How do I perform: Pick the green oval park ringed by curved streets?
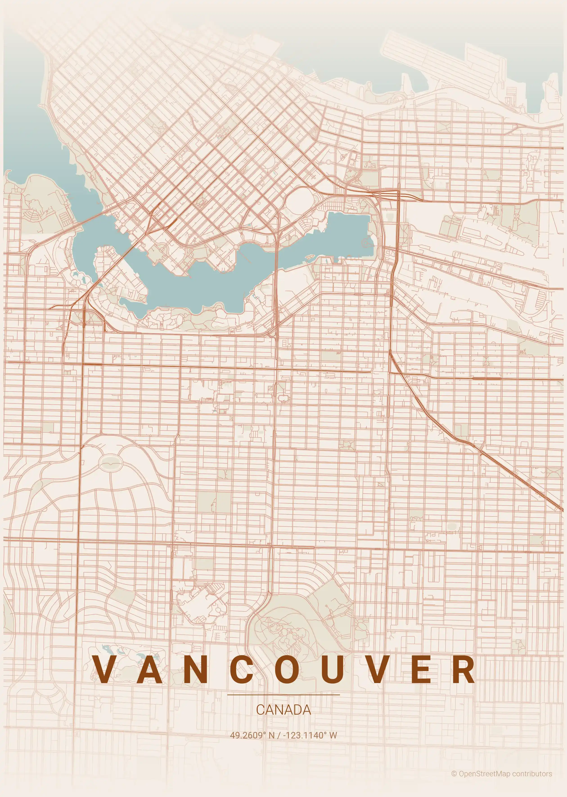click(x=111, y=463)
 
